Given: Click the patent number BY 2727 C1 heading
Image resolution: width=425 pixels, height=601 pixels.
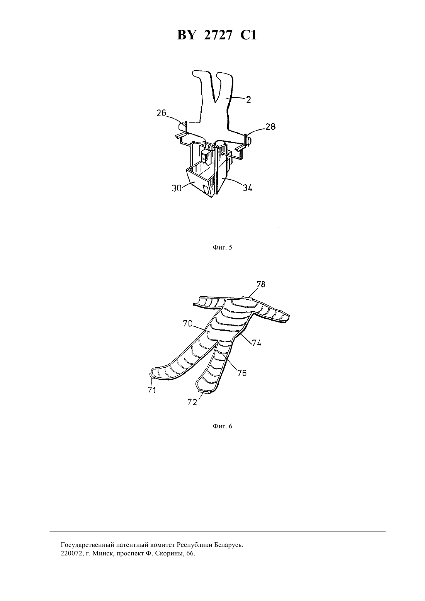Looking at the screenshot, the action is (x=217, y=35).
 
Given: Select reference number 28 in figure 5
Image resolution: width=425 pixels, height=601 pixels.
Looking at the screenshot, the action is (x=270, y=126).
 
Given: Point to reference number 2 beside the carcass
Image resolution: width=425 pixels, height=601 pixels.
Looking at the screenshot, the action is (x=248, y=100).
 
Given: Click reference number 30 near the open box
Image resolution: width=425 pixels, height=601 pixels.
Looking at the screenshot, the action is (x=177, y=188).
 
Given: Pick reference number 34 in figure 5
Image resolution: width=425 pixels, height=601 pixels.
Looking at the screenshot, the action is (x=248, y=188).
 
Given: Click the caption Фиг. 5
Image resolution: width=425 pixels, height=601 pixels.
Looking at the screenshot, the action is (x=223, y=247).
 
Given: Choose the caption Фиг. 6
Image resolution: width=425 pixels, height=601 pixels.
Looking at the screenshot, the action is (x=223, y=426).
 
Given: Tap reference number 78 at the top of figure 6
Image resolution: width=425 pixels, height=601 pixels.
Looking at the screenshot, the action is (x=260, y=284).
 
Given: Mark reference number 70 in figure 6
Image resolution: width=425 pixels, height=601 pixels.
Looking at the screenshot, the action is (x=188, y=324).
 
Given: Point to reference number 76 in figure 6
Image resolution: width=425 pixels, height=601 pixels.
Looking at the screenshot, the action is (x=242, y=373).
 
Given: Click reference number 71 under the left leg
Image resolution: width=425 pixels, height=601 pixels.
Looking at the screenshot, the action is (x=152, y=390).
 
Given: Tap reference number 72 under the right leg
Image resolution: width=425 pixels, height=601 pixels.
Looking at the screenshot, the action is (x=192, y=402).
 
